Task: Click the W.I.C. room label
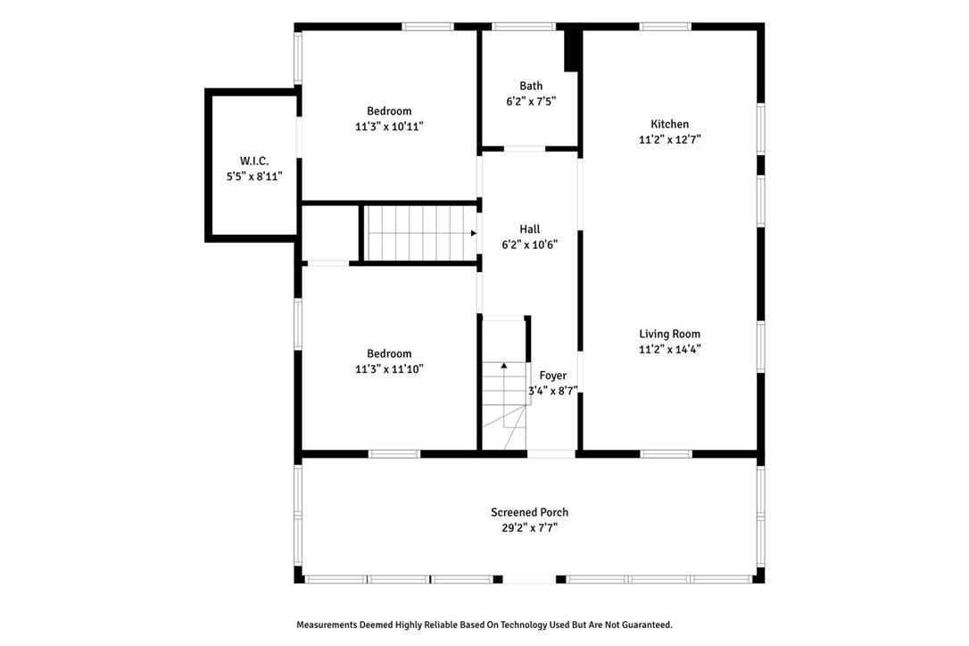[253, 161]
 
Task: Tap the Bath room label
[531, 87]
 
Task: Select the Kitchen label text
[669, 124]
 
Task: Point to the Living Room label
[669, 334]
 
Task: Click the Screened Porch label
[529, 512]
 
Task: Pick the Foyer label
[552, 376]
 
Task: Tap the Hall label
[530, 229]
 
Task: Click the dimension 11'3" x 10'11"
[389, 127]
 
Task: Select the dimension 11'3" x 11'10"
[389, 369]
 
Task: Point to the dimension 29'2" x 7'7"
[529, 527]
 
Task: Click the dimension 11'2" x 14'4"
[669, 350]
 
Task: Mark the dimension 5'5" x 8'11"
[253, 177]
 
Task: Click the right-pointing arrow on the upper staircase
[473, 234]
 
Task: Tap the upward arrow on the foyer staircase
[504, 365]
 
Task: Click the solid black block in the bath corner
[572, 51]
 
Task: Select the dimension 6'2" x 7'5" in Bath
[531, 102]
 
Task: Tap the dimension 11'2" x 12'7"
[669, 140]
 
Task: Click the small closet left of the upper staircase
[330, 233]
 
